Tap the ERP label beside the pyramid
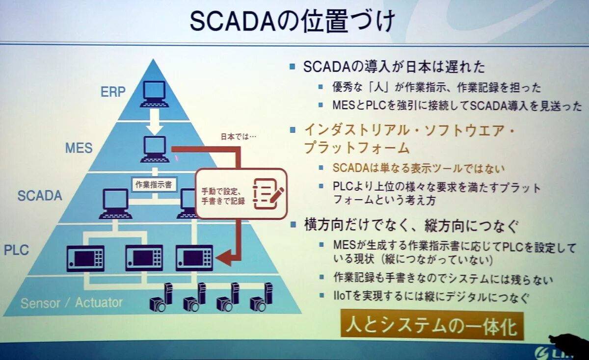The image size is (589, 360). [x=113, y=92]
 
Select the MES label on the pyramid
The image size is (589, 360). [x=79, y=148]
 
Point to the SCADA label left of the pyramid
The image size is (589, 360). [x=40, y=196]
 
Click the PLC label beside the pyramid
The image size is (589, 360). [x=17, y=250]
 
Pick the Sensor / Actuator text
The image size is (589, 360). [x=72, y=303]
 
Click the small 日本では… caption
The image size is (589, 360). [x=239, y=137]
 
